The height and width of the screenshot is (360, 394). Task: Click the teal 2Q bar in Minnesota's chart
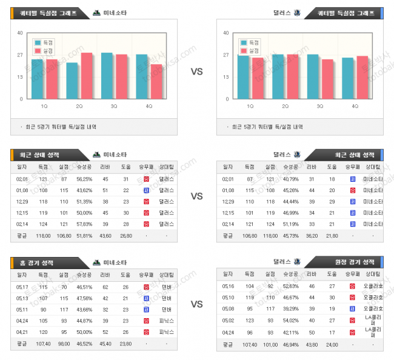[x=72, y=81]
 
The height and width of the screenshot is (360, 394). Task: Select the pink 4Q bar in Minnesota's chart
[x=156, y=82]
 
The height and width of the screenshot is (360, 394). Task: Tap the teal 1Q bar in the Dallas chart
[x=243, y=77]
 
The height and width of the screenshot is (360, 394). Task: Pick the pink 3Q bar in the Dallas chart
[x=327, y=79]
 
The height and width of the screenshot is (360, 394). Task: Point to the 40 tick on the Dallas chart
[x=226, y=33]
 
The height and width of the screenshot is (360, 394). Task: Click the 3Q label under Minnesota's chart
[x=114, y=106]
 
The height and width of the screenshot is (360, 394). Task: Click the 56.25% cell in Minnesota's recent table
[x=84, y=179]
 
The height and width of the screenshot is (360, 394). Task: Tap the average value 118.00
[x=44, y=235]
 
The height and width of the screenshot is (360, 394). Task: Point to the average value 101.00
[x=269, y=345]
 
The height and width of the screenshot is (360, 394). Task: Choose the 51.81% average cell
[x=84, y=235]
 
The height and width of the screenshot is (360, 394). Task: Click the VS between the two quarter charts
[x=197, y=72]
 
